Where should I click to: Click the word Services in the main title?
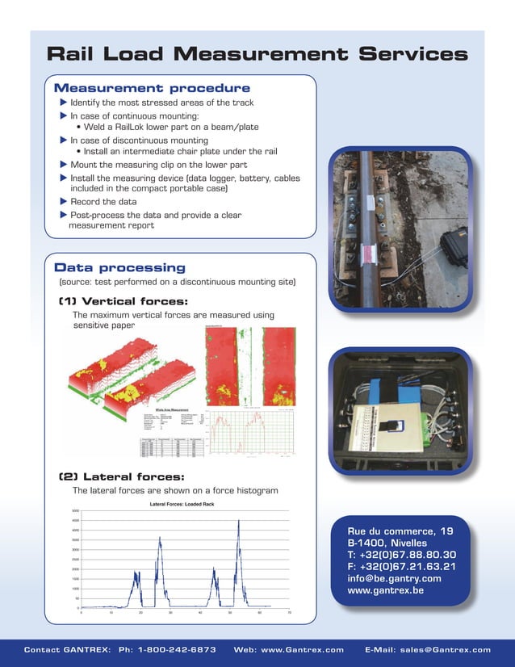coord(412,54)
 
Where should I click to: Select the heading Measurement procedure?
coord(152,88)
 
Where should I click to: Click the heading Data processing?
coord(119,267)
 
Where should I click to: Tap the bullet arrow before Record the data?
coord(64,202)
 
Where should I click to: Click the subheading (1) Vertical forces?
coord(123,301)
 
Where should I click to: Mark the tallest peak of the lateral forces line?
coord(239,521)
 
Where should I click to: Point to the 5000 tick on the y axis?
coord(74,511)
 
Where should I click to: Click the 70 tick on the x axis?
coord(289,614)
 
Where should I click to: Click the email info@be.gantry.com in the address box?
coord(394,578)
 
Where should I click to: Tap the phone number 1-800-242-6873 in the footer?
coord(178,649)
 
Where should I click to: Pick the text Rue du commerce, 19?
coord(400,531)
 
